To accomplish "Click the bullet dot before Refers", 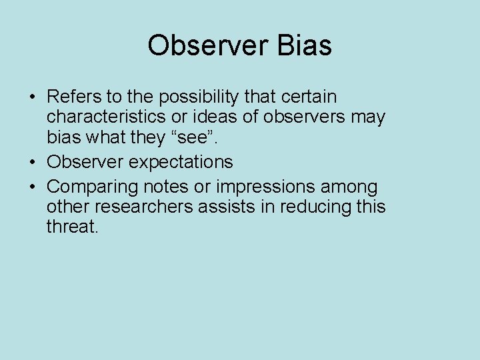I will pyautogui.click(x=32, y=98).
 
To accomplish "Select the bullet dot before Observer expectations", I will pyautogui.click(x=32, y=162).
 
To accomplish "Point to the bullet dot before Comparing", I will pyautogui.click(x=32, y=187).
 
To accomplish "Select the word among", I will pyautogui.click(x=348, y=187).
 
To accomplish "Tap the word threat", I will pyautogui.click(x=72, y=227).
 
